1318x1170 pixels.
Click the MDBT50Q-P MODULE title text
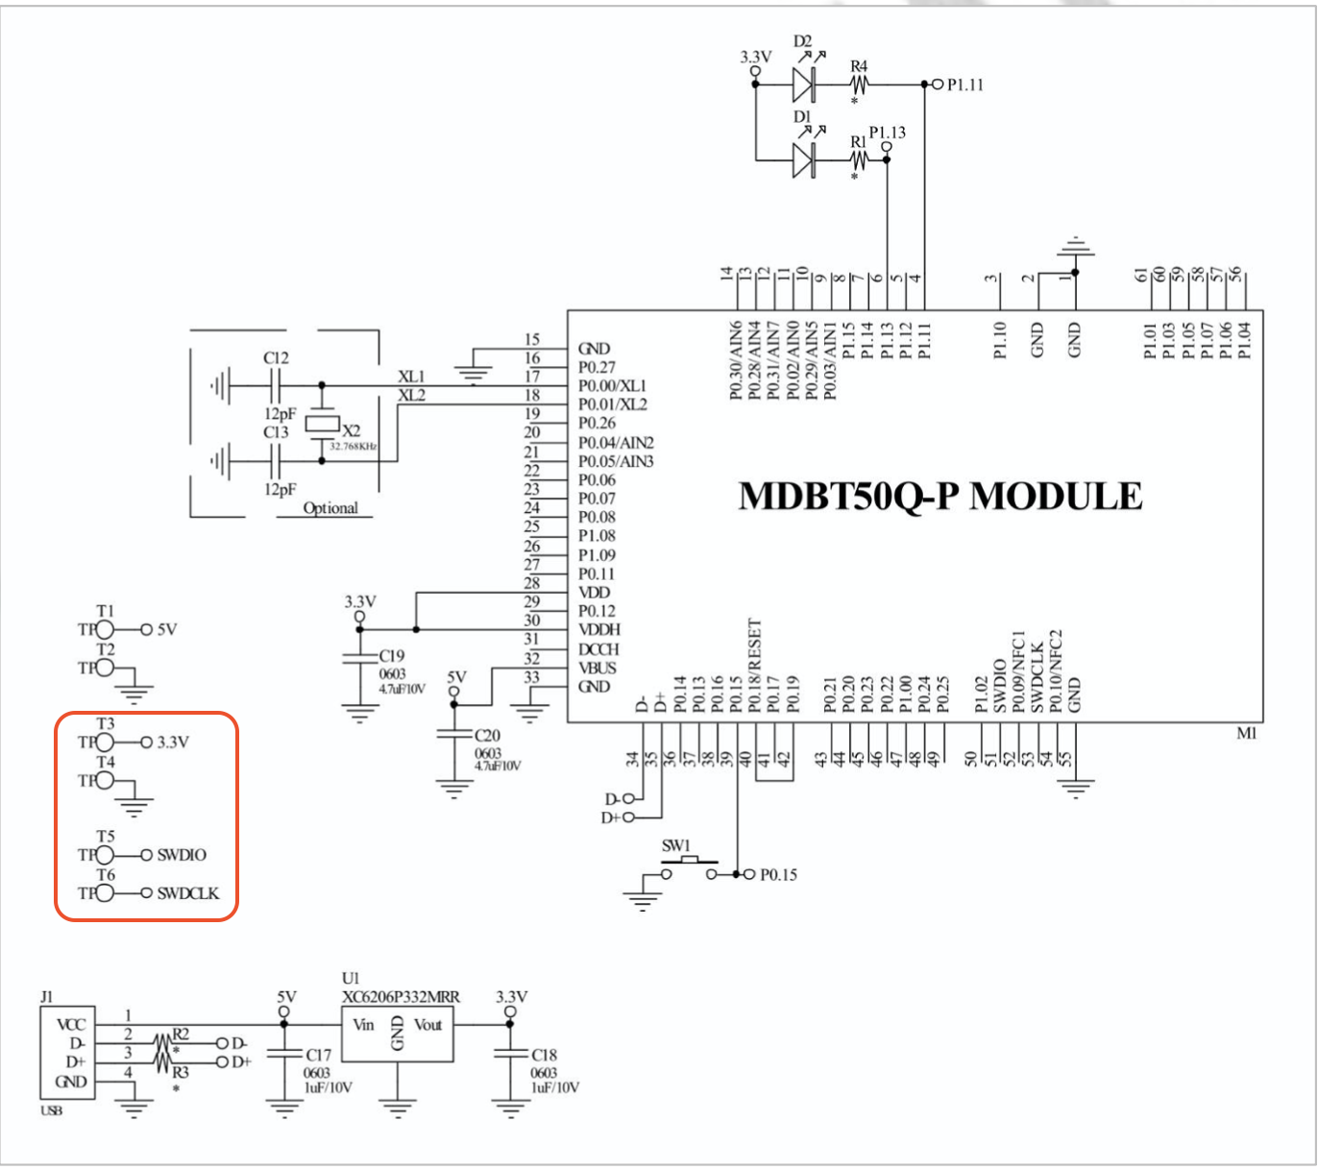[x=940, y=497]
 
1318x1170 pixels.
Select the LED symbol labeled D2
[x=805, y=85]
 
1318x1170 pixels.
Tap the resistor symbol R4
[x=858, y=85]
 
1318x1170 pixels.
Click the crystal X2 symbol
[x=321, y=424]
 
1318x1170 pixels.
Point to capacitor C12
[x=276, y=386]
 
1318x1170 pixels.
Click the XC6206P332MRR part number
[x=401, y=997]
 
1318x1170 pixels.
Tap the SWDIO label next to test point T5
[x=182, y=855]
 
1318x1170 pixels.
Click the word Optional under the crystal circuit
[x=330, y=508]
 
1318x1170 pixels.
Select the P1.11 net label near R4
[x=964, y=85]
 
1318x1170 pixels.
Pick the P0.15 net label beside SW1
[x=778, y=875]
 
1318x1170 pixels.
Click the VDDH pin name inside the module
[x=599, y=630]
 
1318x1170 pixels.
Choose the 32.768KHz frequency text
[x=354, y=447]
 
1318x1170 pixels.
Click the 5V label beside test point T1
[x=167, y=630]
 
